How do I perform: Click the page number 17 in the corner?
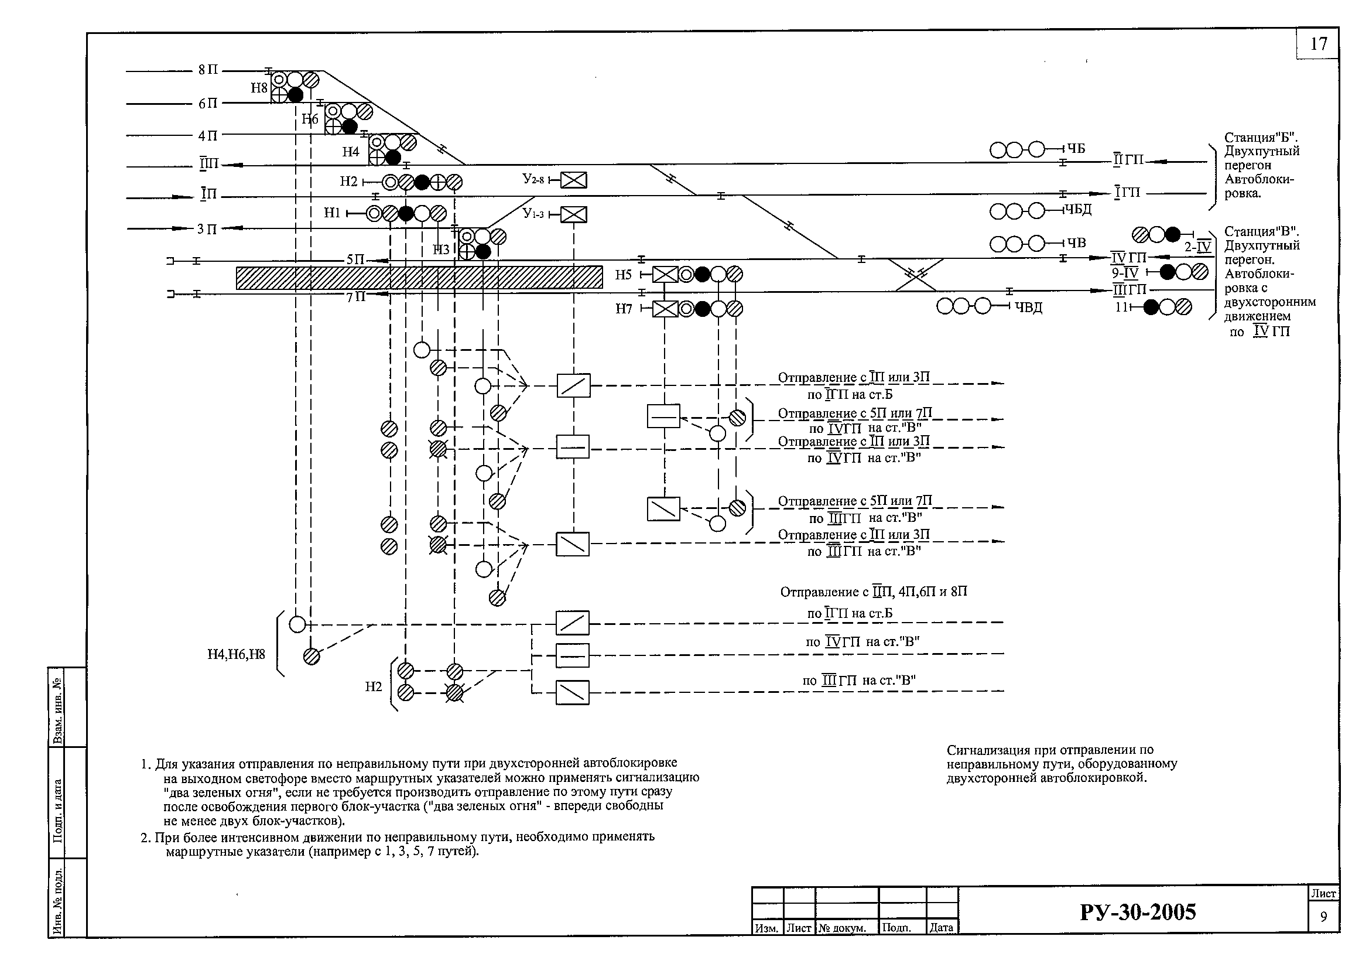pyautogui.click(x=1318, y=44)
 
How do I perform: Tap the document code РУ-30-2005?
pyautogui.click(x=1138, y=912)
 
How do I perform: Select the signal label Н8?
pyautogui.click(x=259, y=88)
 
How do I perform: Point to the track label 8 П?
pyautogui.click(x=208, y=70)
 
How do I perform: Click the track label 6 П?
pyautogui.click(x=208, y=104)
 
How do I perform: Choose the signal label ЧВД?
pyautogui.click(x=1029, y=307)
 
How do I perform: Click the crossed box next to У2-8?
pyautogui.click(x=574, y=180)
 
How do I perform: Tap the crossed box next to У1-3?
pyautogui.click(x=574, y=214)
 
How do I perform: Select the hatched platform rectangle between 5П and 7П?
pyautogui.click(x=419, y=278)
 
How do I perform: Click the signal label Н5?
pyautogui.click(x=623, y=275)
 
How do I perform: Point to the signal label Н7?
pyautogui.click(x=624, y=309)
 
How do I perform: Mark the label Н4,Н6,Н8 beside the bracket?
pyautogui.click(x=236, y=654)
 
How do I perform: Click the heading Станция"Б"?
pyautogui.click(x=1262, y=137)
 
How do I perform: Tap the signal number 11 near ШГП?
pyautogui.click(x=1121, y=307)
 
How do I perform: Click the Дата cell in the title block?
pyautogui.click(x=942, y=928)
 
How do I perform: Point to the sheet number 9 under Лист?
pyautogui.click(x=1324, y=917)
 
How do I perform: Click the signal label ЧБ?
pyautogui.click(x=1076, y=149)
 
